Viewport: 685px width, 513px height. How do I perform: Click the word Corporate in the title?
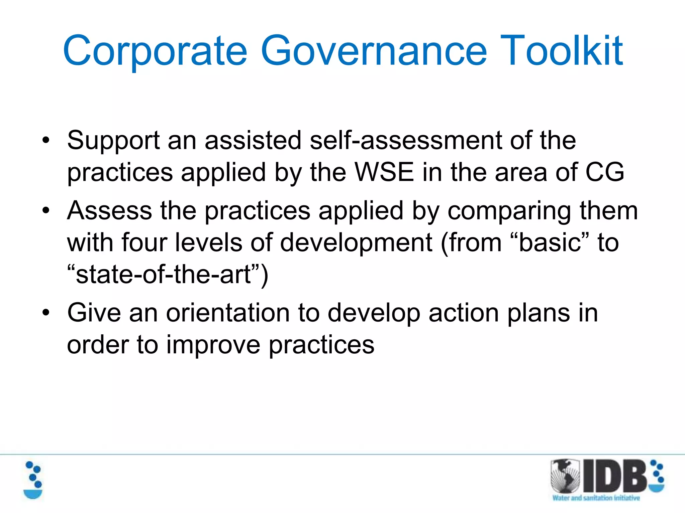pyautogui.click(x=155, y=51)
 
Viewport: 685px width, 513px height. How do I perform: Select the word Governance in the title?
pyautogui.click(x=374, y=51)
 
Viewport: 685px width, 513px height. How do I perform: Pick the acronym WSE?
pyautogui.click(x=384, y=172)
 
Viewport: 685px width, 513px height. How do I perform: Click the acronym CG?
pyautogui.click(x=604, y=172)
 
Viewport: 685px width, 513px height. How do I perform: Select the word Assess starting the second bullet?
pyautogui.click(x=109, y=211)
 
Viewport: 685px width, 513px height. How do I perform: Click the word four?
pyautogui.click(x=144, y=242)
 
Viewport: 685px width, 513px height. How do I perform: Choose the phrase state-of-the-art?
pyautogui.click(x=163, y=275)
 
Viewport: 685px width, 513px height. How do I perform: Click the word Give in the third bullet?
pyautogui.click(x=94, y=313)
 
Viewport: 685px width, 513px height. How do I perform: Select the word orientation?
pyautogui.click(x=228, y=313)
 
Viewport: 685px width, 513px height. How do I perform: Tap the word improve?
pyautogui.click(x=213, y=345)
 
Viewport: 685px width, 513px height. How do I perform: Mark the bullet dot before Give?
pyautogui.click(x=46, y=313)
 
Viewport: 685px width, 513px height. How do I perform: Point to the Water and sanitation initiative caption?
pyautogui.click(x=596, y=498)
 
